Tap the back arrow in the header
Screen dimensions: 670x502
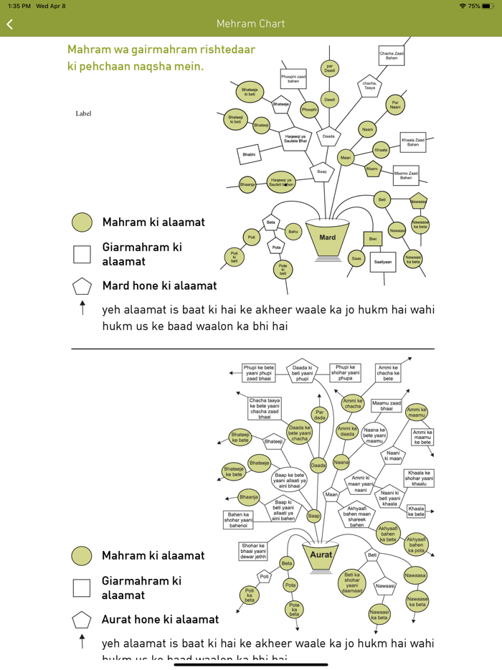tap(10, 24)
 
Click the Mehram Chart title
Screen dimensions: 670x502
tap(251, 24)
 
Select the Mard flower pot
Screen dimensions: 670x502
tap(327, 238)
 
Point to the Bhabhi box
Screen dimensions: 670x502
tap(249, 154)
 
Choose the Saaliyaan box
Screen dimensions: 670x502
tap(382, 262)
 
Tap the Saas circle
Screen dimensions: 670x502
tap(356, 258)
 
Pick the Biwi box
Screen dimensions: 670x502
tap(373, 239)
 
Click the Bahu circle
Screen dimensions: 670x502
tap(293, 232)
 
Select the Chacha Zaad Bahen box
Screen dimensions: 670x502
tap(392, 55)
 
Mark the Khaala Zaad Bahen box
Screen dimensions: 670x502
tap(413, 143)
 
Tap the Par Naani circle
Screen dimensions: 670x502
tap(395, 105)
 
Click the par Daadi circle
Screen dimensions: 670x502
tap(329, 70)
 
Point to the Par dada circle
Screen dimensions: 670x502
tap(320, 414)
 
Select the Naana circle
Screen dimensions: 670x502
tap(341, 463)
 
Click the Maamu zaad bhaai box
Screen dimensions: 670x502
tap(387, 406)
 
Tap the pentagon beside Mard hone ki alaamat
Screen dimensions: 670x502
tap(82, 286)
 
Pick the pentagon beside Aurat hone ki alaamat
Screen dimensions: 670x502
tap(82, 620)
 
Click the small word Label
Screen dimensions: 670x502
tap(83, 113)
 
